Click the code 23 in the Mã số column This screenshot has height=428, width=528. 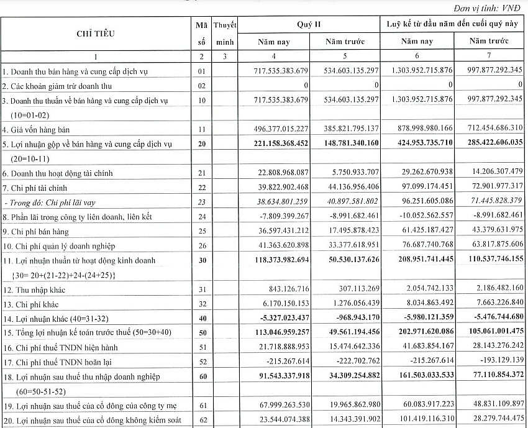pos(200,201)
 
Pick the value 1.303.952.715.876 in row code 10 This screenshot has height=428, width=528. pos(418,100)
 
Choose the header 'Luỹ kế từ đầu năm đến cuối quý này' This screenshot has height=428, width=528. pos(452,25)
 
